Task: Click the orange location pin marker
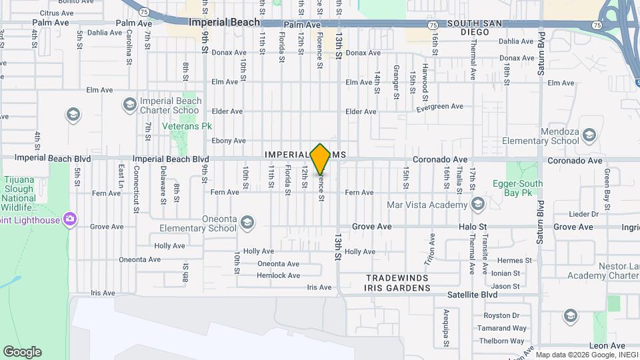[321, 159]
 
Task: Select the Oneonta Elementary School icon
[247, 221]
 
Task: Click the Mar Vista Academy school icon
[477, 203]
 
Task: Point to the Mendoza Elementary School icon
[589, 137]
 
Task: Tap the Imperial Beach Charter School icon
[129, 105]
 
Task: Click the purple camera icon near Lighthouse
[69, 219]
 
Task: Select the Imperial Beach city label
[224, 22]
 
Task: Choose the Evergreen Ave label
[439, 107]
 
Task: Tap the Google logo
[22, 351]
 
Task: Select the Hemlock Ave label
[279, 275]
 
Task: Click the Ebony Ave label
[229, 141]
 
